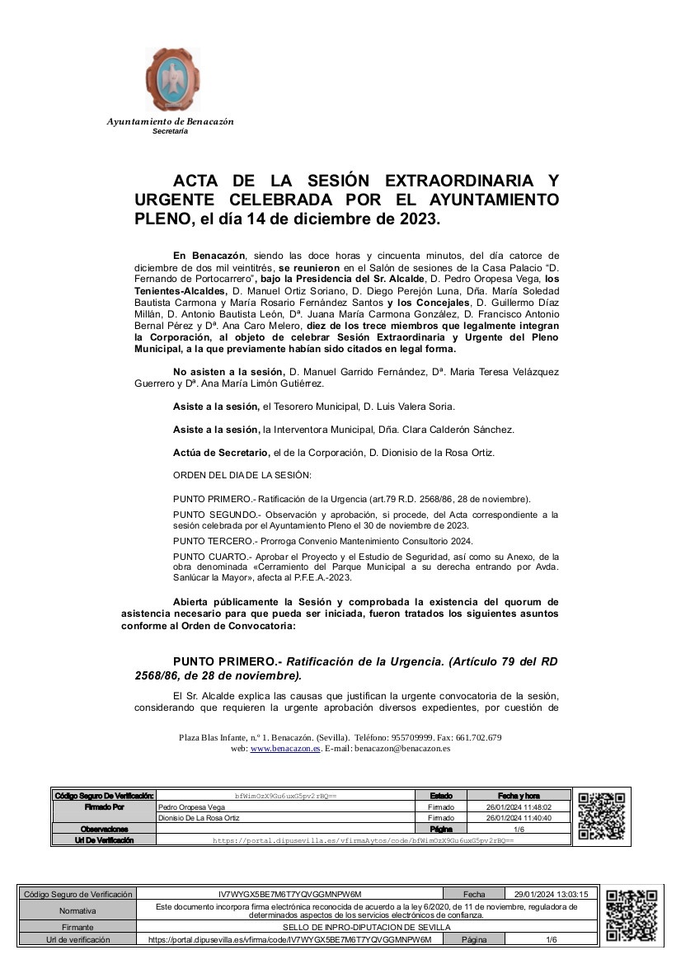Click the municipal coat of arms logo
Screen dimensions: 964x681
173,80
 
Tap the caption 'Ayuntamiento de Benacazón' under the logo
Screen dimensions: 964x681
170,122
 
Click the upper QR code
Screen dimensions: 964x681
601,816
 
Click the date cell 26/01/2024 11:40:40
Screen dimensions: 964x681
518,818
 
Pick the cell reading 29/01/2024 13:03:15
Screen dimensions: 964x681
550,894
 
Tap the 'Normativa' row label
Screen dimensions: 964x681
77,910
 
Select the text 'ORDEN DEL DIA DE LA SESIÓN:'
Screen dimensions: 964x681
242,476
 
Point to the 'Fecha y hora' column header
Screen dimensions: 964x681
519,796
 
